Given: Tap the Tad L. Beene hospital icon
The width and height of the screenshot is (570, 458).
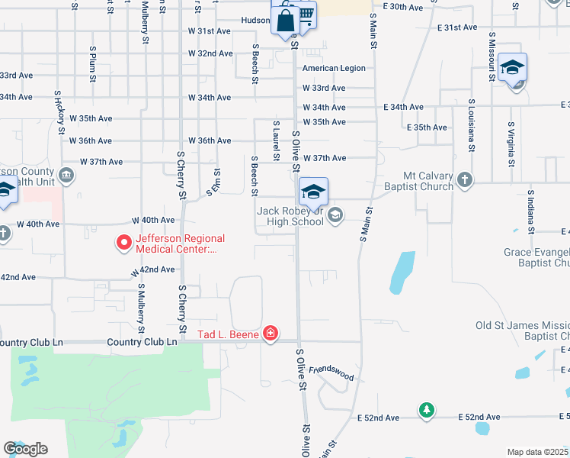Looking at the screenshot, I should click(270, 334).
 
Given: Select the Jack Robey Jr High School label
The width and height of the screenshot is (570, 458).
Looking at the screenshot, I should click(290, 216).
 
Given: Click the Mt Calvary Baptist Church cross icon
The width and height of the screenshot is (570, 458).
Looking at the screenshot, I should click(464, 181).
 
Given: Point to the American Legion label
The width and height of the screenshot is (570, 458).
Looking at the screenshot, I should click(334, 68).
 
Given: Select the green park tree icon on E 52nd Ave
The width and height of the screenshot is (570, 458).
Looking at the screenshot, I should click(427, 411).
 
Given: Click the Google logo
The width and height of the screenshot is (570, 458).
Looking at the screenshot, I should click(25, 449).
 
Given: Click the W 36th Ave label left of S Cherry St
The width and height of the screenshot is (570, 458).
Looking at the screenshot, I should click(90, 140).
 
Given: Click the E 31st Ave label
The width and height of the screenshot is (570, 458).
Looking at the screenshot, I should click(457, 27).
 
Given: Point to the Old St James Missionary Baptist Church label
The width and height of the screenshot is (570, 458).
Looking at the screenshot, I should click(523, 331).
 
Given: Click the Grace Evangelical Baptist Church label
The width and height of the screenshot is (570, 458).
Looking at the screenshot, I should click(536, 257).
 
